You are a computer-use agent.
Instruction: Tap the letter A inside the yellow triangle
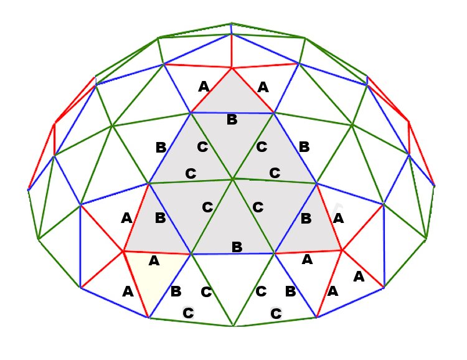click(x=154, y=261)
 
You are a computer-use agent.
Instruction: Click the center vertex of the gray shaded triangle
click(x=233, y=179)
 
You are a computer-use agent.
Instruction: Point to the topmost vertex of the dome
click(x=232, y=23)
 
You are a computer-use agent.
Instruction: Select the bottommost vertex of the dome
click(x=233, y=326)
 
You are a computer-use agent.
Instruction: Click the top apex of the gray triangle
click(x=232, y=69)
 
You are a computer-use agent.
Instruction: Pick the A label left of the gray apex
click(x=204, y=87)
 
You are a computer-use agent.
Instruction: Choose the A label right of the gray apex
click(x=263, y=87)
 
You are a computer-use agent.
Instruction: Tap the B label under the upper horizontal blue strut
click(x=232, y=120)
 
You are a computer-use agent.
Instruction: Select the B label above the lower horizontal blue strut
click(x=237, y=247)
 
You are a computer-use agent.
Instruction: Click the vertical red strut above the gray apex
click(x=232, y=51)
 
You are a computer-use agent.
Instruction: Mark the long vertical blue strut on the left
click(x=80, y=246)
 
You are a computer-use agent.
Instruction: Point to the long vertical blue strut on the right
click(x=384, y=245)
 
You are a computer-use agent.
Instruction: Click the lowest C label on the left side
click(x=188, y=313)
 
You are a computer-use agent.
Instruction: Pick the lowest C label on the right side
click(x=276, y=313)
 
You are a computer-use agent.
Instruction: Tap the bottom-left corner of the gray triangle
click(x=123, y=252)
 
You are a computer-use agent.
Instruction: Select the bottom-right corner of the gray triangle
click(x=342, y=250)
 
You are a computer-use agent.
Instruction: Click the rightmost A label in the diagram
click(x=359, y=277)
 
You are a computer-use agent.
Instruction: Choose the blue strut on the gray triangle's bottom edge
click(x=233, y=254)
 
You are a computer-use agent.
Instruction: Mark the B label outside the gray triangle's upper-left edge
click(x=161, y=148)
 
